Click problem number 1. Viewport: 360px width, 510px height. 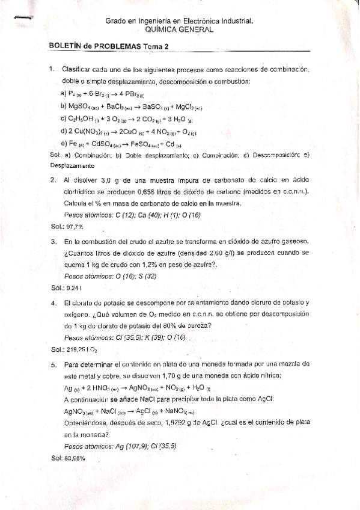52,70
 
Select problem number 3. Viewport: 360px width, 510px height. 53,242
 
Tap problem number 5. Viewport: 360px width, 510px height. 53,364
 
